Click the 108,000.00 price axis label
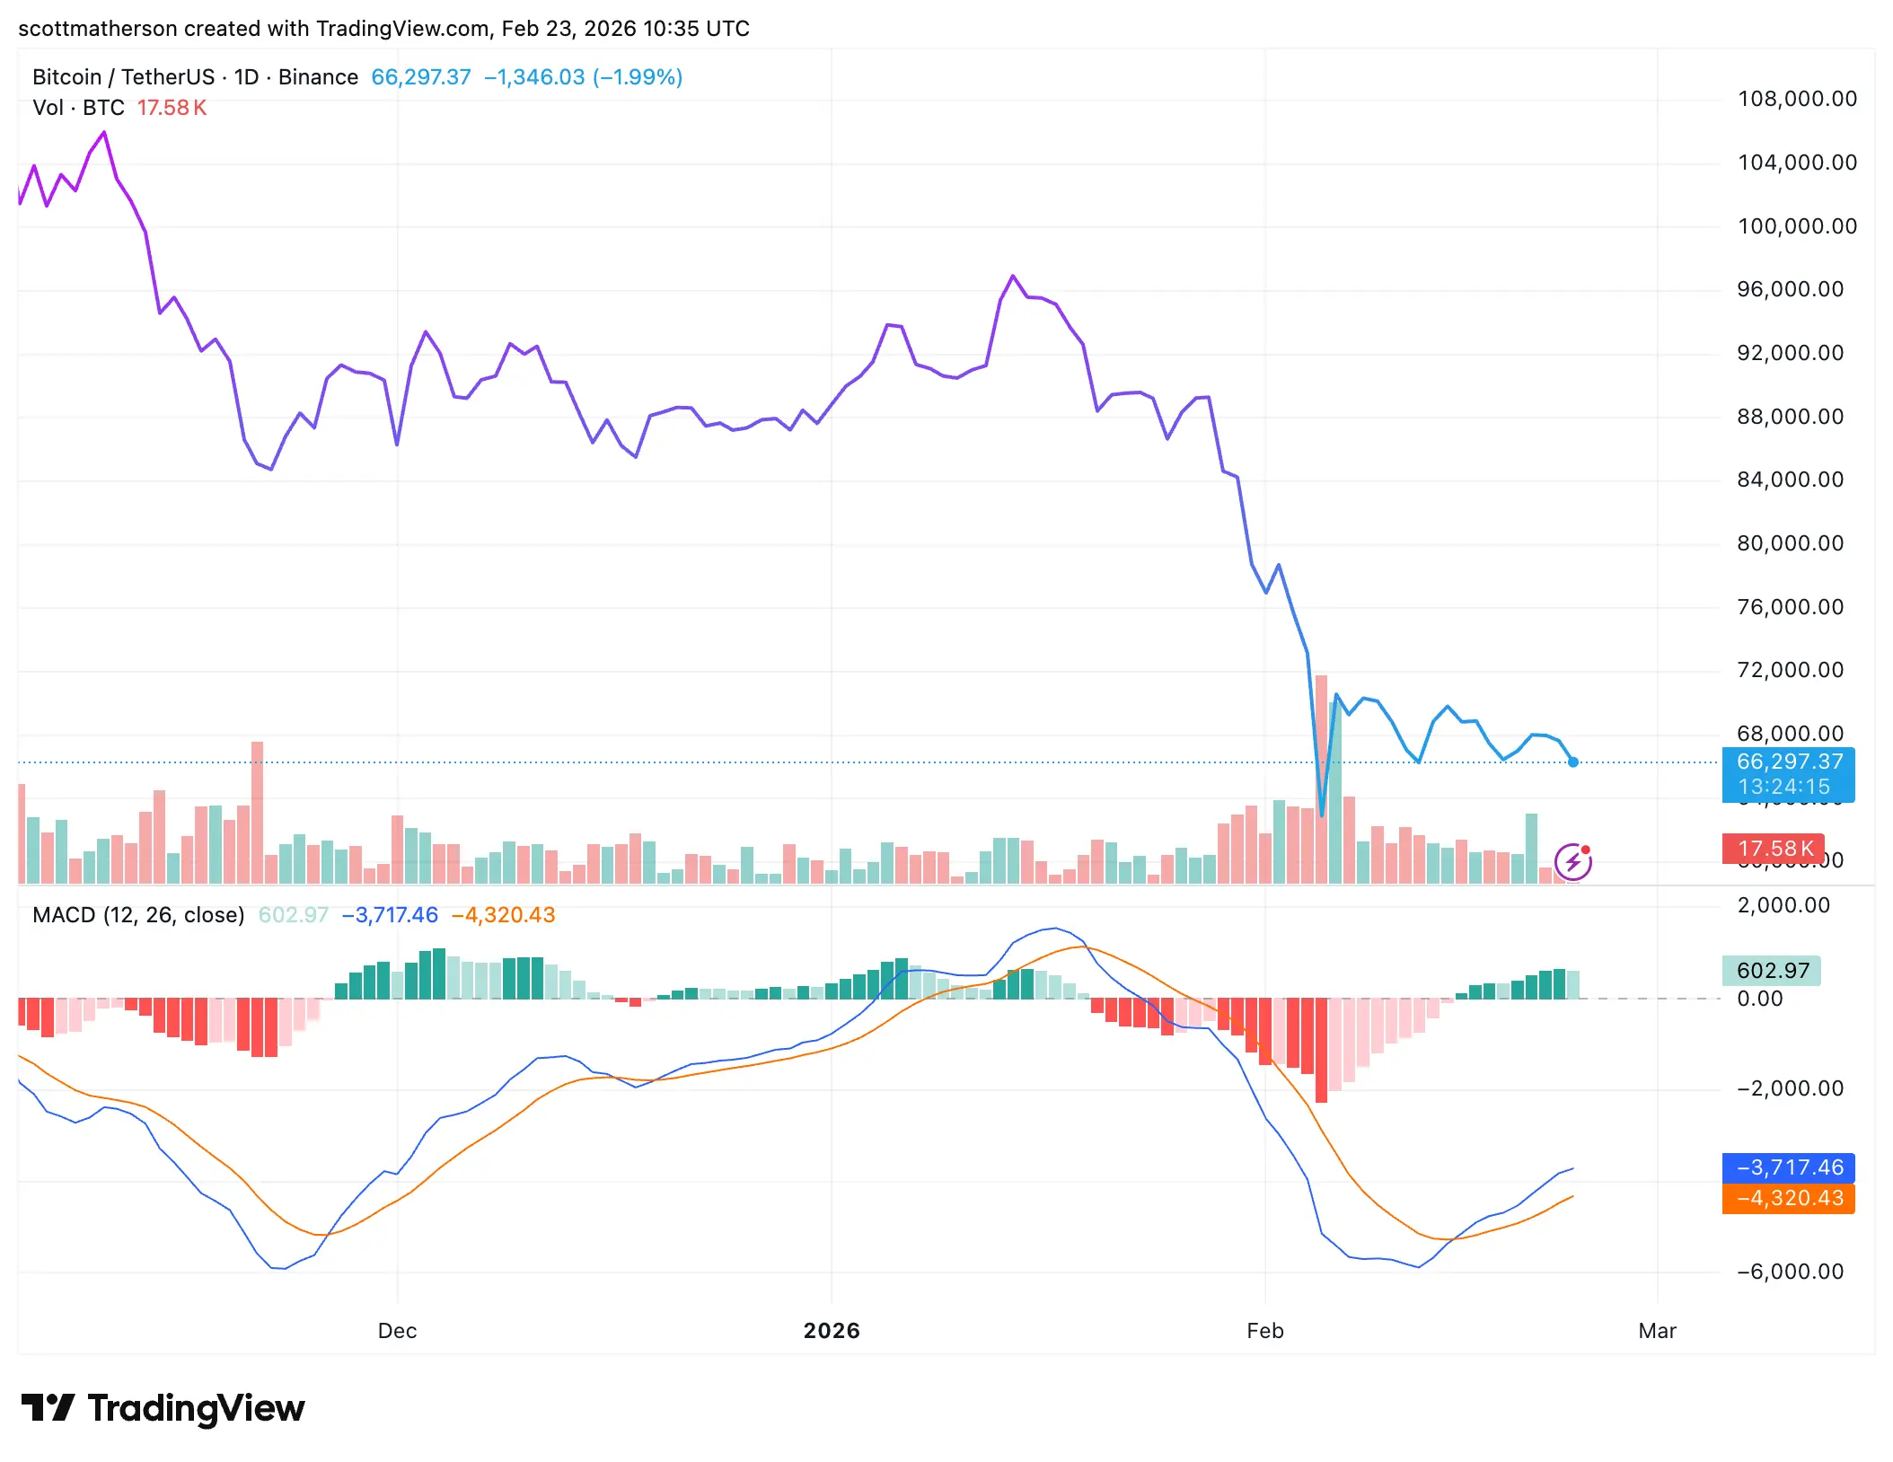point(1797,99)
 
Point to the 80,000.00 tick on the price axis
point(1790,543)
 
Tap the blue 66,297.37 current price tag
point(1788,762)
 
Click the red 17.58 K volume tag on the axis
point(1774,849)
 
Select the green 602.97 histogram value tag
point(1772,971)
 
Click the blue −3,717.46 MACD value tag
point(1788,1167)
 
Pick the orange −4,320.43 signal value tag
point(1788,1198)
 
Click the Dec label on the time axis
point(397,1331)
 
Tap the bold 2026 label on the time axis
point(832,1331)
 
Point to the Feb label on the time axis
point(1264,1331)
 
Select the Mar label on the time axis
point(1657,1331)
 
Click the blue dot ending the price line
point(1573,762)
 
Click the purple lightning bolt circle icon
point(1573,863)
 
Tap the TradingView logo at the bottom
point(163,1408)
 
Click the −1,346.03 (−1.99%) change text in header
point(583,77)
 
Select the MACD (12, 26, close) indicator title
point(138,915)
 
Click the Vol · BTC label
point(78,108)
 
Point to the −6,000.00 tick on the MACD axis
point(1790,1272)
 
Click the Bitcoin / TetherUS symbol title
point(123,77)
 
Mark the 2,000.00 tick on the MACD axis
point(1783,905)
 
